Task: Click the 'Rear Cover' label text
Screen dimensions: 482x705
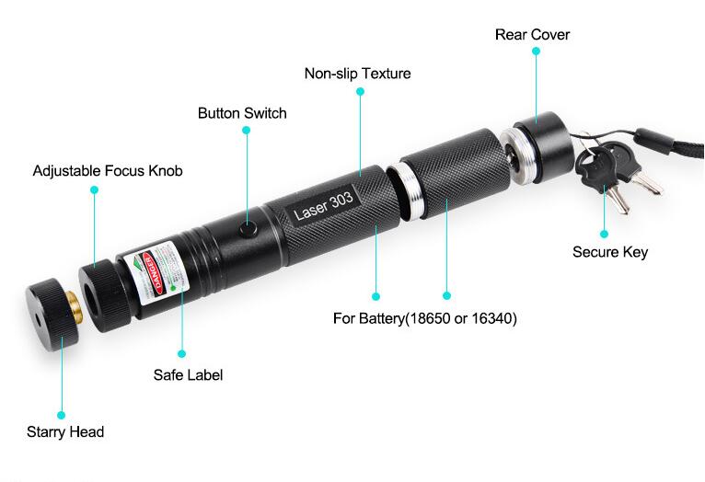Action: click(x=532, y=35)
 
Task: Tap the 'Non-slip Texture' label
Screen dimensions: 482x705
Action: click(x=358, y=74)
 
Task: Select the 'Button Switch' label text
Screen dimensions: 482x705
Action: click(x=242, y=113)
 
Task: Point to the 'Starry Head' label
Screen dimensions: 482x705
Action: click(x=65, y=431)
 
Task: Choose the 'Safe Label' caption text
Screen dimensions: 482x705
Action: click(x=188, y=374)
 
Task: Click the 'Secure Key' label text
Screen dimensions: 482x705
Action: click(x=610, y=252)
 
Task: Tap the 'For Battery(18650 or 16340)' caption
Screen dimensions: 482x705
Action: click(x=424, y=319)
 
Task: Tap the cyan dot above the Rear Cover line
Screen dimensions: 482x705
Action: click(x=536, y=52)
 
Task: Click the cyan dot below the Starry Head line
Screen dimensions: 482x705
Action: click(x=63, y=415)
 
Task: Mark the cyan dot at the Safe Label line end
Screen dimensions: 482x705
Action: click(x=182, y=352)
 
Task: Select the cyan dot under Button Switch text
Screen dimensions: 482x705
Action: click(x=247, y=131)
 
